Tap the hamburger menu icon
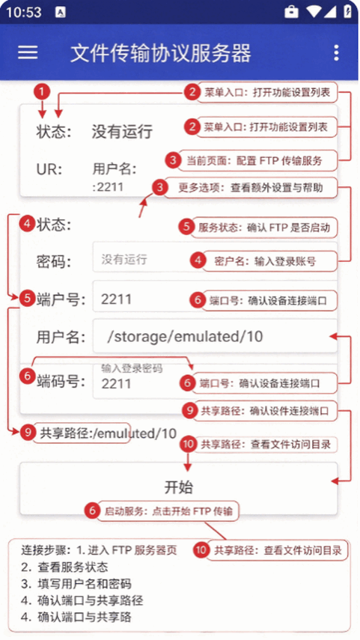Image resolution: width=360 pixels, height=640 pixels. (28, 52)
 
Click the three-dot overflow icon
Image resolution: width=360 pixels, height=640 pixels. (336, 52)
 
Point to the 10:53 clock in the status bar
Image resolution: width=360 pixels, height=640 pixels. (24, 12)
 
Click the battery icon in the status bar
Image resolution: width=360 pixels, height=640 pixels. (348, 11)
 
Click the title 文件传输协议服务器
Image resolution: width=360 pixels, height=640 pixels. (160, 53)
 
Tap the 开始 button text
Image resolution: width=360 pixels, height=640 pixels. (179, 487)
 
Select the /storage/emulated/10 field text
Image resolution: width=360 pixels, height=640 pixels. (185, 336)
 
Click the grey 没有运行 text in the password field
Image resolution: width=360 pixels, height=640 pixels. (124, 260)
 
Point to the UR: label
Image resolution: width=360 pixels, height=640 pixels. (49, 169)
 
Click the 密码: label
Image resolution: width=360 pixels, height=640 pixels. (53, 262)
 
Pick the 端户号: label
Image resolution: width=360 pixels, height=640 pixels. (61, 300)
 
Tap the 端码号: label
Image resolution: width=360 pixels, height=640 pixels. (61, 382)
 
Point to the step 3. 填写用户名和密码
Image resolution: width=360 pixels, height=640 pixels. (76, 584)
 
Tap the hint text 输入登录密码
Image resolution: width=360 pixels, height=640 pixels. (132, 368)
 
